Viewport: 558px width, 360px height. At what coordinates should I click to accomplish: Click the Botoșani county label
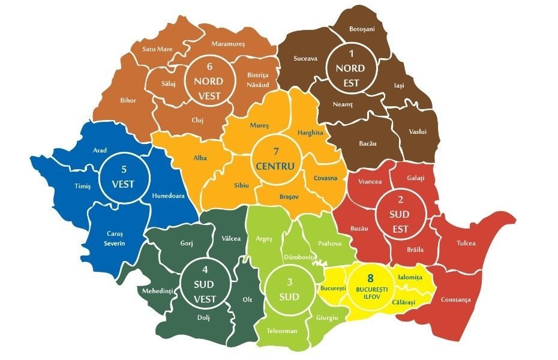tap(362, 29)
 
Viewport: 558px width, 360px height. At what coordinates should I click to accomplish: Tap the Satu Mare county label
tap(157, 49)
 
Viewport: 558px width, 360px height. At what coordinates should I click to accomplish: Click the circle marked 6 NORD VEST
tap(208, 80)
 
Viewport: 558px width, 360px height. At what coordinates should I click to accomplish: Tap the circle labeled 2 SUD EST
tap(401, 212)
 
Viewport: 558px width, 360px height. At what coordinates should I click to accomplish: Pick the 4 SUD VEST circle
tap(205, 283)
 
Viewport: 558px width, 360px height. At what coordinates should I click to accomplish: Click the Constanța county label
tap(455, 299)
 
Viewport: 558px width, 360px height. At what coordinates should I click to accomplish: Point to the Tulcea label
tap(465, 243)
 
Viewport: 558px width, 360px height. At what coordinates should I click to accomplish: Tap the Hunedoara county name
tap(168, 195)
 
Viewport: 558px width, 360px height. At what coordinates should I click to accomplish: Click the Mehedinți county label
tap(157, 291)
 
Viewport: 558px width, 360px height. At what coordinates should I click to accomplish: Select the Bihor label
tap(128, 100)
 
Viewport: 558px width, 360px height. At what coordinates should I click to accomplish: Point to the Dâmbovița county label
tap(299, 256)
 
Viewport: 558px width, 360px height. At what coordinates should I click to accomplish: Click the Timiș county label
tap(82, 186)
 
